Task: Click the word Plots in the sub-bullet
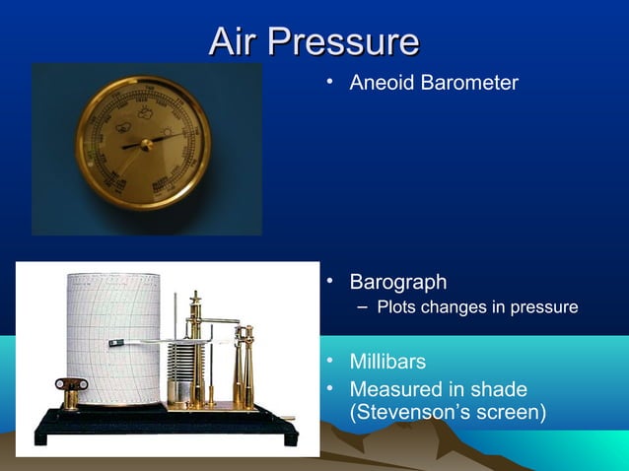tap(395, 308)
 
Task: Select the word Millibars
tap(388, 363)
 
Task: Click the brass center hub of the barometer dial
tap(146, 144)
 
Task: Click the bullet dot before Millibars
tap(333, 363)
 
